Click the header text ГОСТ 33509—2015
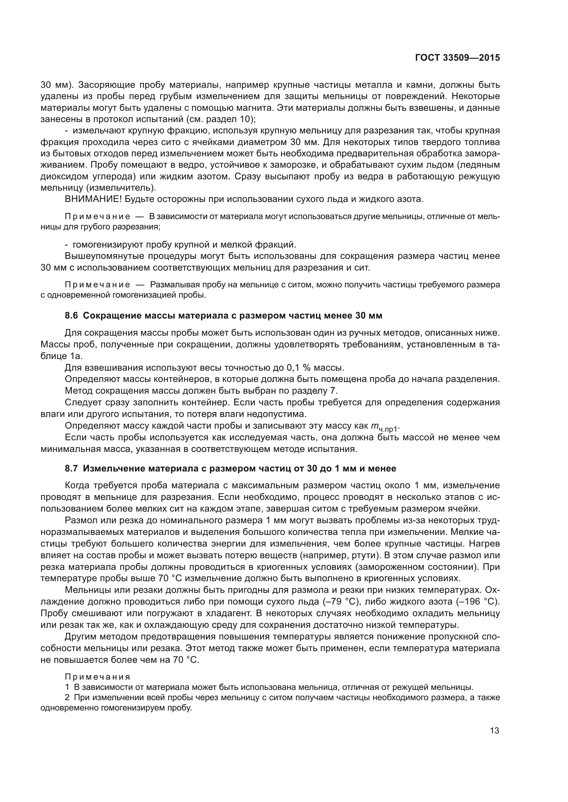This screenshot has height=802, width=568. pos(457,58)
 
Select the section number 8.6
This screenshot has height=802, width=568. pos(71,316)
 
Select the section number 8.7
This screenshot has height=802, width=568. pos(71,468)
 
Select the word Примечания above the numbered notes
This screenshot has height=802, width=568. pos(98,677)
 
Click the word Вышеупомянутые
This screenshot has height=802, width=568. pos(105,256)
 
